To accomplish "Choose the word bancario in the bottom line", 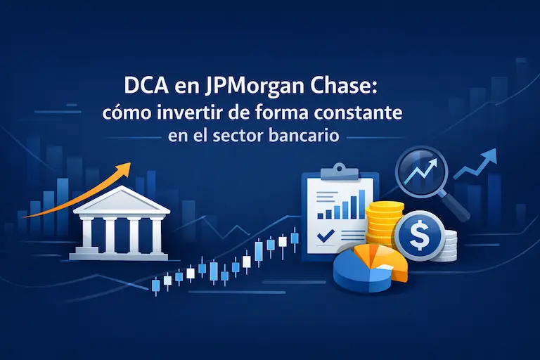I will (x=307, y=135).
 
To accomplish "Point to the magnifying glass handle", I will (x=457, y=207).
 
